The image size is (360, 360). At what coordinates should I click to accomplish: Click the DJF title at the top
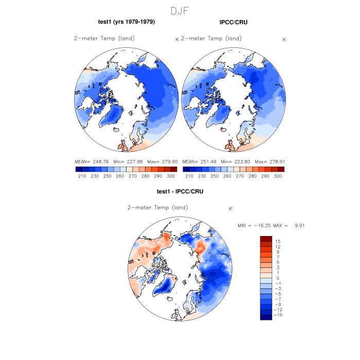coord(179,10)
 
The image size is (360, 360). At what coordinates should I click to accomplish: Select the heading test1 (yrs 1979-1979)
coord(127,22)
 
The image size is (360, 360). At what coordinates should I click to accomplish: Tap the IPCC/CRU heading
coord(233,22)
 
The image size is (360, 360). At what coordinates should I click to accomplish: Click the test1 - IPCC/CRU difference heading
coord(180,192)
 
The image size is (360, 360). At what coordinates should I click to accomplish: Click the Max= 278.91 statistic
coord(271,161)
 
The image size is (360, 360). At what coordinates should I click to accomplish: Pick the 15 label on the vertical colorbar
coord(277,241)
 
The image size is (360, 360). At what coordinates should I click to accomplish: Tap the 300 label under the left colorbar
coord(170,176)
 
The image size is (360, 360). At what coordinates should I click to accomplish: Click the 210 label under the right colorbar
coord(189,176)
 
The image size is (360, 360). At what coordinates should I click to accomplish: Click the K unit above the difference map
coord(231,209)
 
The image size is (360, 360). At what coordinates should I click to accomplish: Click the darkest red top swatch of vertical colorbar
coord(265,239)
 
